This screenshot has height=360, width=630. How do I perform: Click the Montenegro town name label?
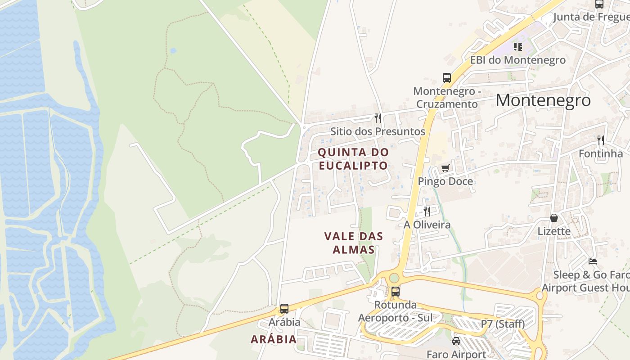pos(543,100)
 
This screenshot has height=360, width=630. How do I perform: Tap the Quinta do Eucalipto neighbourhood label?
pos(353,159)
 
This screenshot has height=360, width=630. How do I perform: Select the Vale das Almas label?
pos(354,243)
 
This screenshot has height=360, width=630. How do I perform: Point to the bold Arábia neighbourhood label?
pos(274,339)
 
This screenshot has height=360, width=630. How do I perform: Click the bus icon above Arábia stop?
pos(284,309)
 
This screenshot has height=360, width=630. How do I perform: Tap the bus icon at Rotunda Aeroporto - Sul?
pos(395,291)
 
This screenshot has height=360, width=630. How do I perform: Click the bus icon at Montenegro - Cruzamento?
pos(446,77)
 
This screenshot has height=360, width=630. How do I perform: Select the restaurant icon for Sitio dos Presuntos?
pos(378,118)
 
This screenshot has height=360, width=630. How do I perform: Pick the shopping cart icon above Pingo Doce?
pos(445,168)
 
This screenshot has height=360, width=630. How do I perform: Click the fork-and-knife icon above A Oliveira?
pos(427,211)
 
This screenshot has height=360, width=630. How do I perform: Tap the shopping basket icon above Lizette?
pos(554,218)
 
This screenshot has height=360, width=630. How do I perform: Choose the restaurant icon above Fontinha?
pos(600,140)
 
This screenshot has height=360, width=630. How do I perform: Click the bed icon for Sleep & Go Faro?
pos(593,261)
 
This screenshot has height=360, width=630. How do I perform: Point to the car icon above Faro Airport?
pos(456,341)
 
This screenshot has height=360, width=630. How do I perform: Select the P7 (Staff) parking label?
pos(503,324)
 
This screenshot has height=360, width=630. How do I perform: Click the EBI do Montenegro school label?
pos(517,60)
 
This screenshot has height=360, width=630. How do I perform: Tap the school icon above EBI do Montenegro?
pos(518,46)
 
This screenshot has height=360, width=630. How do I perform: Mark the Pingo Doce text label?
pos(445,181)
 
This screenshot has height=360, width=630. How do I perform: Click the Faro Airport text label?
pos(456,354)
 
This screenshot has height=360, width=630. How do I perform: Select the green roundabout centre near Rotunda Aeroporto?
pos(394,278)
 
